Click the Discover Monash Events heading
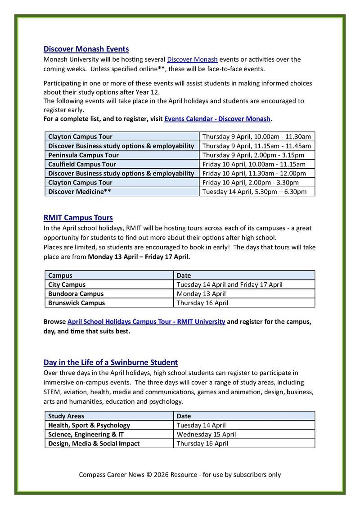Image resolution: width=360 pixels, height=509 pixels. [86, 49]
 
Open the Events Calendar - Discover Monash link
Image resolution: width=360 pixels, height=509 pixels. [217, 119]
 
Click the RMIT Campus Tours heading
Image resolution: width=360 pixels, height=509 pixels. [78, 218]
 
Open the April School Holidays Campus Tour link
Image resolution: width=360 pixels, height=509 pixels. [146, 322]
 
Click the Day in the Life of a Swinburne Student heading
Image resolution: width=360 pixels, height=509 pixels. [111, 362]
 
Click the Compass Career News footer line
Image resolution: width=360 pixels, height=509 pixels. [180, 474]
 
